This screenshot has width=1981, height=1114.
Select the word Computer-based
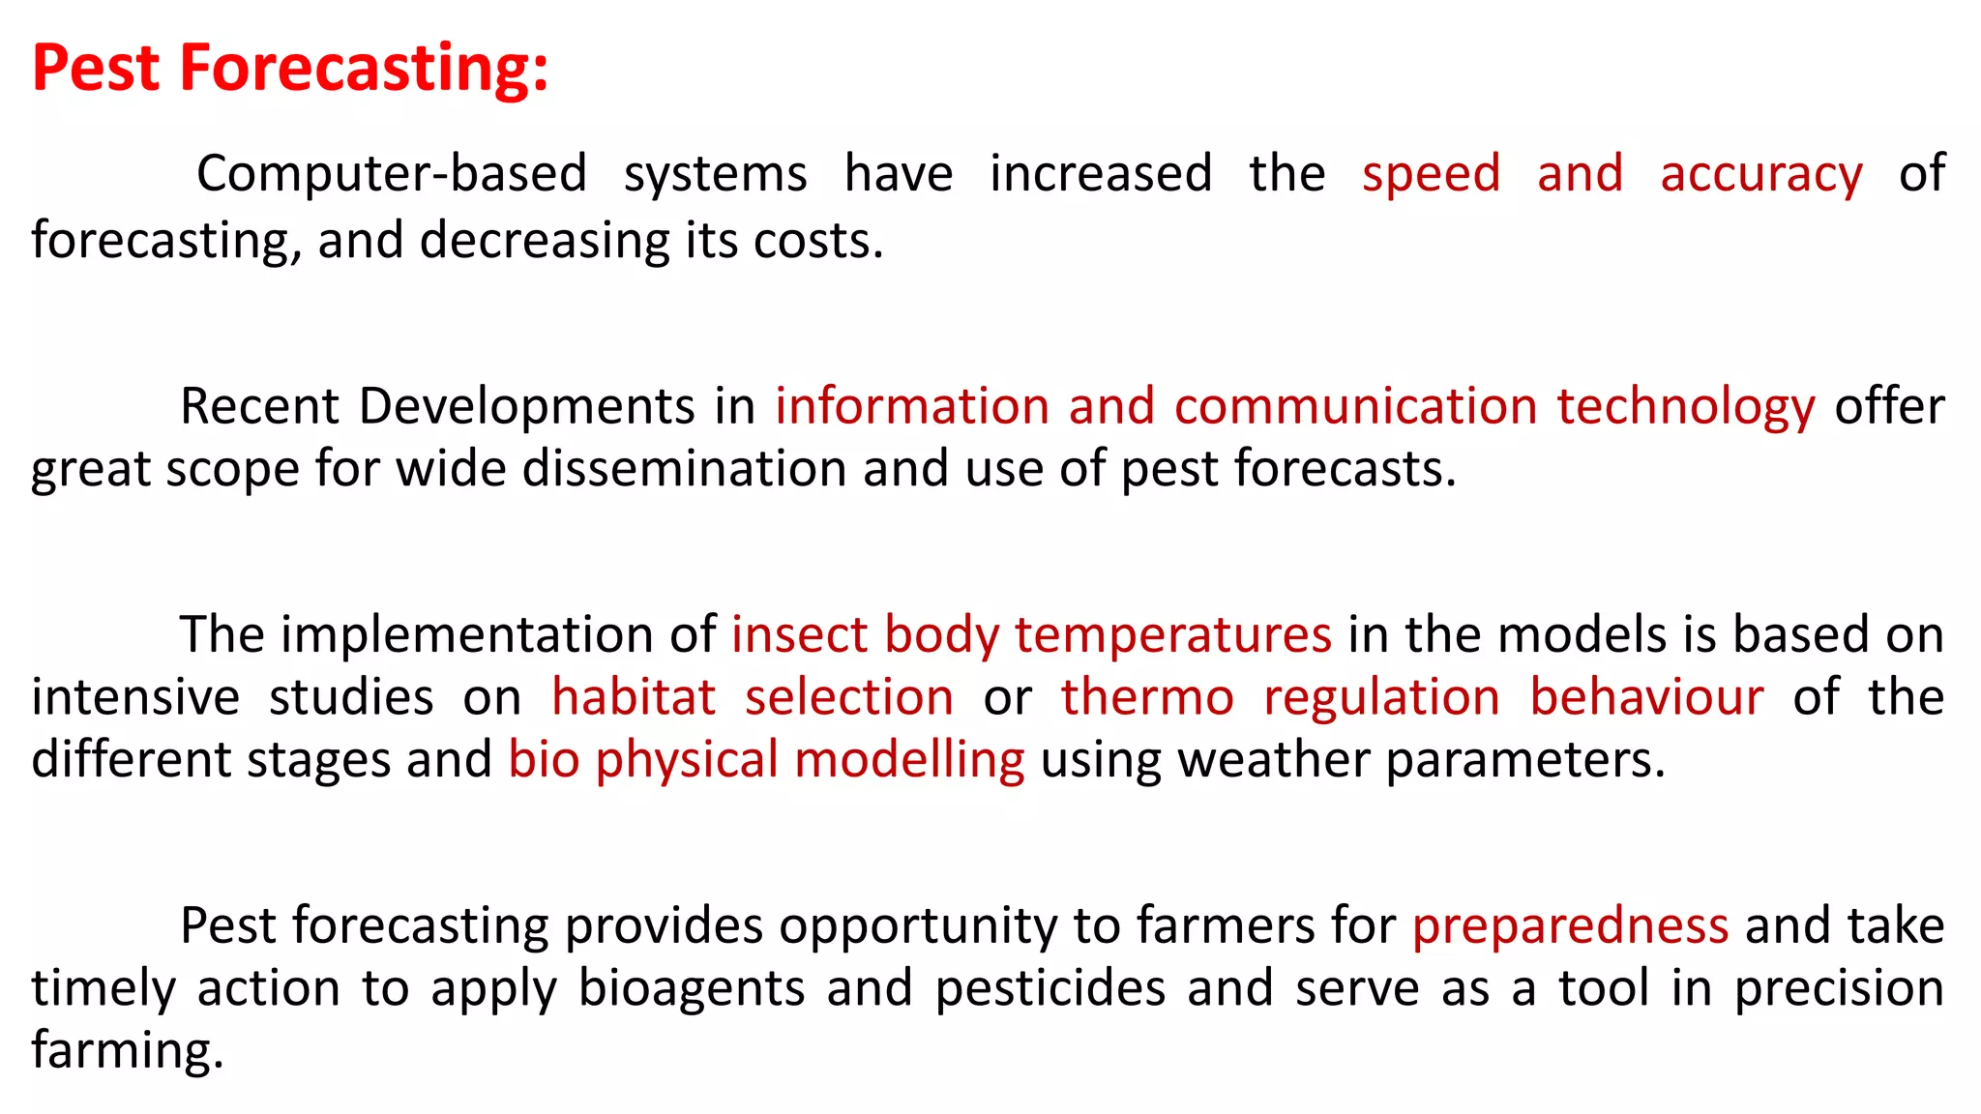pyautogui.click(x=392, y=174)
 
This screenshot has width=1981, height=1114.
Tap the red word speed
pyautogui.click(x=1431, y=174)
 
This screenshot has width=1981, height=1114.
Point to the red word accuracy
pyautogui.click(x=1760, y=174)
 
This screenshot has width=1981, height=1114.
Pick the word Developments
pyautogui.click(x=526, y=406)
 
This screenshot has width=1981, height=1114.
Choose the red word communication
pyautogui.click(x=1355, y=406)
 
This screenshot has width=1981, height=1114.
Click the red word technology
pyautogui.click(x=1685, y=406)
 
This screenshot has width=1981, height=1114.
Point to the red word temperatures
pyautogui.click(x=1172, y=635)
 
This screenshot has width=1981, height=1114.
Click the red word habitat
pyautogui.click(x=634, y=697)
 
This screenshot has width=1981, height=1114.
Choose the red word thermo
pyautogui.click(x=1147, y=697)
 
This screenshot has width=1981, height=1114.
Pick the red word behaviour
pyautogui.click(x=1646, y=697)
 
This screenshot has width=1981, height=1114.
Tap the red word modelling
pyautogui.click(x=909, y=760)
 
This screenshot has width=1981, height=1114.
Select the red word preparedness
pyautogui.click(x=1570, y=926)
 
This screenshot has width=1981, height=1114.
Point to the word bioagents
pyautogui.click(x=692, y=988)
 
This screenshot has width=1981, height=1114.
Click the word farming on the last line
pyautogui.click(x=126, y=1051)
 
